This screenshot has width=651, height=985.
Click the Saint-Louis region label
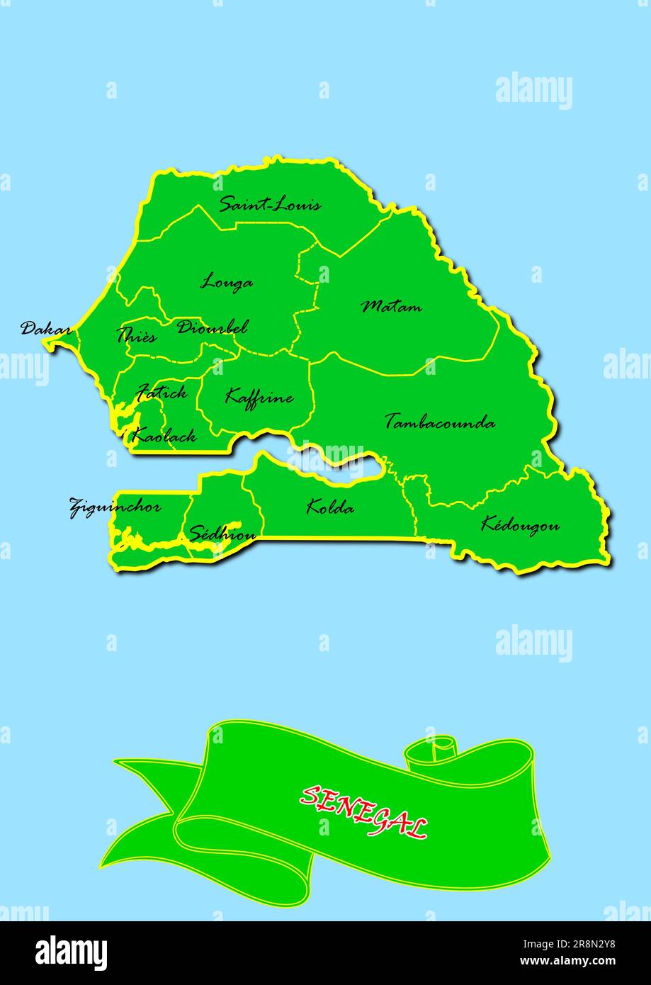[270, 205]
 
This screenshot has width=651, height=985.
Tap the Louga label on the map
[227, 282]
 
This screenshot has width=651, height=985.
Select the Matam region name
[392, 307]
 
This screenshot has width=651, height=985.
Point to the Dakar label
[45, 329]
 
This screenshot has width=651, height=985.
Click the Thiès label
[136, 336]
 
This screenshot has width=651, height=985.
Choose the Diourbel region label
[213, 327]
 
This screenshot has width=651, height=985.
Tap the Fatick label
[162, 392]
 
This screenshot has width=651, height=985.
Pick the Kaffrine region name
[259, 397]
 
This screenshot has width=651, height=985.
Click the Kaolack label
[164, 437]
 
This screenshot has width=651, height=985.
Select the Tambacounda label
[440, 422]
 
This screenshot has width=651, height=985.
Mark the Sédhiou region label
[222, 534]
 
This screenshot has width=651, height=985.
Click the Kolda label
[330, 507]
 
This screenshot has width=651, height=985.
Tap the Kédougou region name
[520, 525]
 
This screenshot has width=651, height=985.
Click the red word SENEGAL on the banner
[364, 811]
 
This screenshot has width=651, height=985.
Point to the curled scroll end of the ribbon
[430, 753]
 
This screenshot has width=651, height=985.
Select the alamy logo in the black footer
[71, 953]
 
